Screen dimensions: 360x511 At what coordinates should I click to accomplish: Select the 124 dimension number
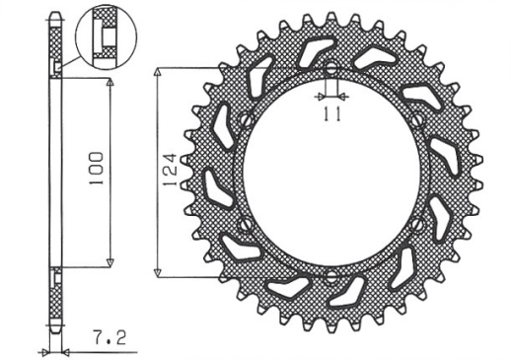point(169,171)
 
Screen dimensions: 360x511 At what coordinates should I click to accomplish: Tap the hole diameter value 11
point(331,115)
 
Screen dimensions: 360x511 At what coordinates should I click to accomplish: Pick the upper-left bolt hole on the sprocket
point(245,122)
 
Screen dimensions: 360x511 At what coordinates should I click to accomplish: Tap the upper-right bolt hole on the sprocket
point(418,122)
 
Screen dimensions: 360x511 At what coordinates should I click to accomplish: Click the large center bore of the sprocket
point(331,173)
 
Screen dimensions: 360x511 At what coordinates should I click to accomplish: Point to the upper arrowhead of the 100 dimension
point(109,79)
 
